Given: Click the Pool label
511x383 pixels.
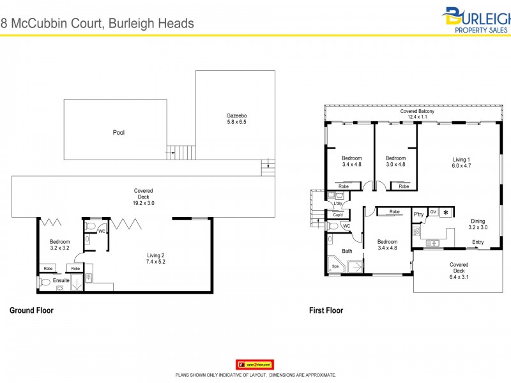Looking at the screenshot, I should click(x=118, y=133).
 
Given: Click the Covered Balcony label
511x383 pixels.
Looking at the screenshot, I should click(x=417, y=112).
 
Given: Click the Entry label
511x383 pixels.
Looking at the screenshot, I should click(x=478, y=242).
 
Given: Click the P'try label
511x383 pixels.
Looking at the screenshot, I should click(x=419, y=214).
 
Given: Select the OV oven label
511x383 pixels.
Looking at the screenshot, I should click(x=433, y=212).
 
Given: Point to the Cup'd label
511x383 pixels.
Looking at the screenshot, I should click(x=337, y=215).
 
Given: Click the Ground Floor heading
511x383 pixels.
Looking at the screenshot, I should click(x=31, y=311).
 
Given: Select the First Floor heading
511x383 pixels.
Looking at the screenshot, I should click(x=326, y=311).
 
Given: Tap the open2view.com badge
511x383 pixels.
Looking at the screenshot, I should click(x=255, y=364).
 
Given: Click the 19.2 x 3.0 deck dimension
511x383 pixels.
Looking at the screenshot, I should click(x=143, y=202).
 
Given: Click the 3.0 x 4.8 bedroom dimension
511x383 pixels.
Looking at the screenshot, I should click(x=395, y=165).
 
